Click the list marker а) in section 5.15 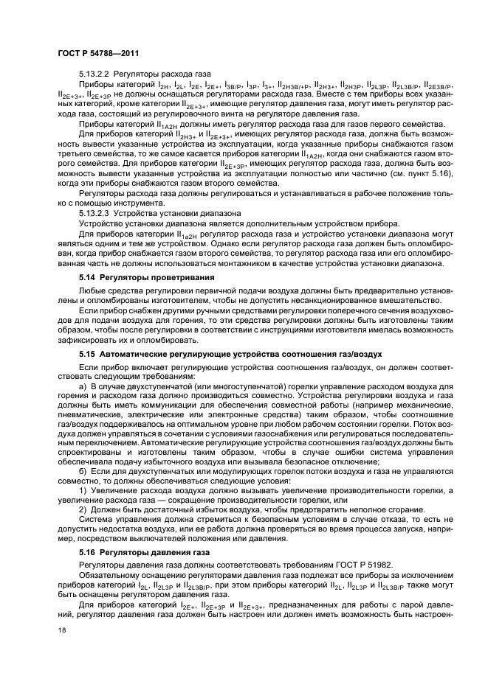(x=83, y=386)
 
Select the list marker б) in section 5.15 (x=83, y=471)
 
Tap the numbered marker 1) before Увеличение (x=83, y=490)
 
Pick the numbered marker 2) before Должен (x=83, y=510)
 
